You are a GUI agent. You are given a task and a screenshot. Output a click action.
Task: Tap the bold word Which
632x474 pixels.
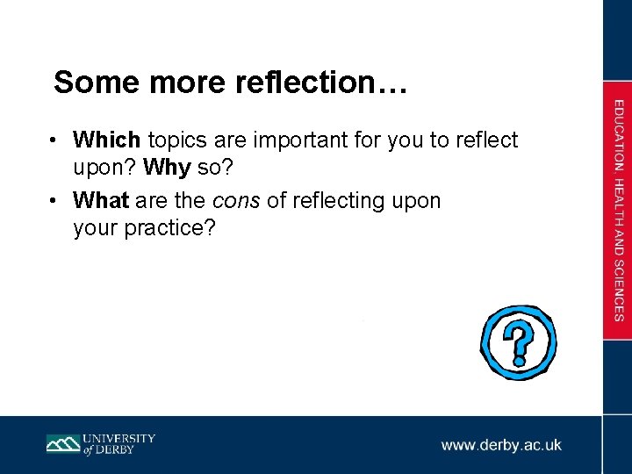click(107, 140)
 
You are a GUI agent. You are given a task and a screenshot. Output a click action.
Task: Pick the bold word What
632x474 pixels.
click(102, 201)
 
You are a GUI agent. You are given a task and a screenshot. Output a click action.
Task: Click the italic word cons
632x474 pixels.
click(237, 201)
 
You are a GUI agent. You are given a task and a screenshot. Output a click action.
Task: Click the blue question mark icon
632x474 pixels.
click(518, 341)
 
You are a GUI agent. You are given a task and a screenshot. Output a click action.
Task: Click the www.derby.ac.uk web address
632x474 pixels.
click(501, 445)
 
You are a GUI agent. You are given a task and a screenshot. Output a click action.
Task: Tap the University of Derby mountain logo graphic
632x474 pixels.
click(63, 444)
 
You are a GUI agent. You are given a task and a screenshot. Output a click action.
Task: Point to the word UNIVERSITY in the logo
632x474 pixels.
click(119, 438)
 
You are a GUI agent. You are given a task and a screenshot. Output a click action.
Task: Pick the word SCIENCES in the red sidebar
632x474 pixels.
click(619, 291)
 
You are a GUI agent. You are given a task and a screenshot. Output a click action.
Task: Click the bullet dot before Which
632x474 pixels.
click(54, 140)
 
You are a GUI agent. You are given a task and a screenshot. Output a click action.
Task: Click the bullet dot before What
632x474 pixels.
click(54, 202)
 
